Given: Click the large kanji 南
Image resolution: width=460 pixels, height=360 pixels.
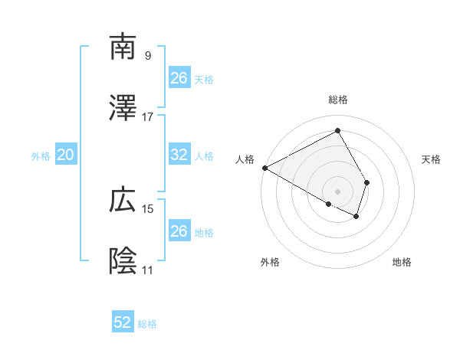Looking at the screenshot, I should tap(123, 47).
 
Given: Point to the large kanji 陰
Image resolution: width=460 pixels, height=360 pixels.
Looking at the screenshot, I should tap(123, 261).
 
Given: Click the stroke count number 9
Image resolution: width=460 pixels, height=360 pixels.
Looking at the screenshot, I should tap(148, 55).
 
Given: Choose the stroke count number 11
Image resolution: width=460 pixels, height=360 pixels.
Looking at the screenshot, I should tap(148, 270).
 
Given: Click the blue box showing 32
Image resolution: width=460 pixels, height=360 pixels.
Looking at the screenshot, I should tap(179, 155).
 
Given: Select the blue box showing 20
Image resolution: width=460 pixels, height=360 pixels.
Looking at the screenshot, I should tap(65, 155).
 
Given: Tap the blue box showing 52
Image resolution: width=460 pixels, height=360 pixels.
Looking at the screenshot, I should tap(123, 323).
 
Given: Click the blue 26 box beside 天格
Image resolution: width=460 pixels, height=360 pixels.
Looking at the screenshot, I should tap(179, 78).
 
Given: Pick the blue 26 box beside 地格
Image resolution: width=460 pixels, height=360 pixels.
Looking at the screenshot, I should tap(179, 231).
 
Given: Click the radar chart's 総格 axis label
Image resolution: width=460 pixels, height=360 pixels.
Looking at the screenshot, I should tap(338, 100).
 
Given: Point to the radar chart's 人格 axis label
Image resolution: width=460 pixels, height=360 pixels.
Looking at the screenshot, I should tap(245, 159).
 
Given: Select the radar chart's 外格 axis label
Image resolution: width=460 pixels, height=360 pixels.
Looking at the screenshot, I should tap(270, 263).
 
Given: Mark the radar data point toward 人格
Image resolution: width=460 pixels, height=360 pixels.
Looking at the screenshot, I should tap(264, 168).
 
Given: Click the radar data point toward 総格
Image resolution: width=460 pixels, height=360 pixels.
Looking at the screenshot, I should tap(338, 131).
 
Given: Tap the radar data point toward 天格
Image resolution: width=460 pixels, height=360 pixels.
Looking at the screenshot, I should tap(367, 182).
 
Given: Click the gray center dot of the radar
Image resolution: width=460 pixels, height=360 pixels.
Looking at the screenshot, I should tap(338, 191).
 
